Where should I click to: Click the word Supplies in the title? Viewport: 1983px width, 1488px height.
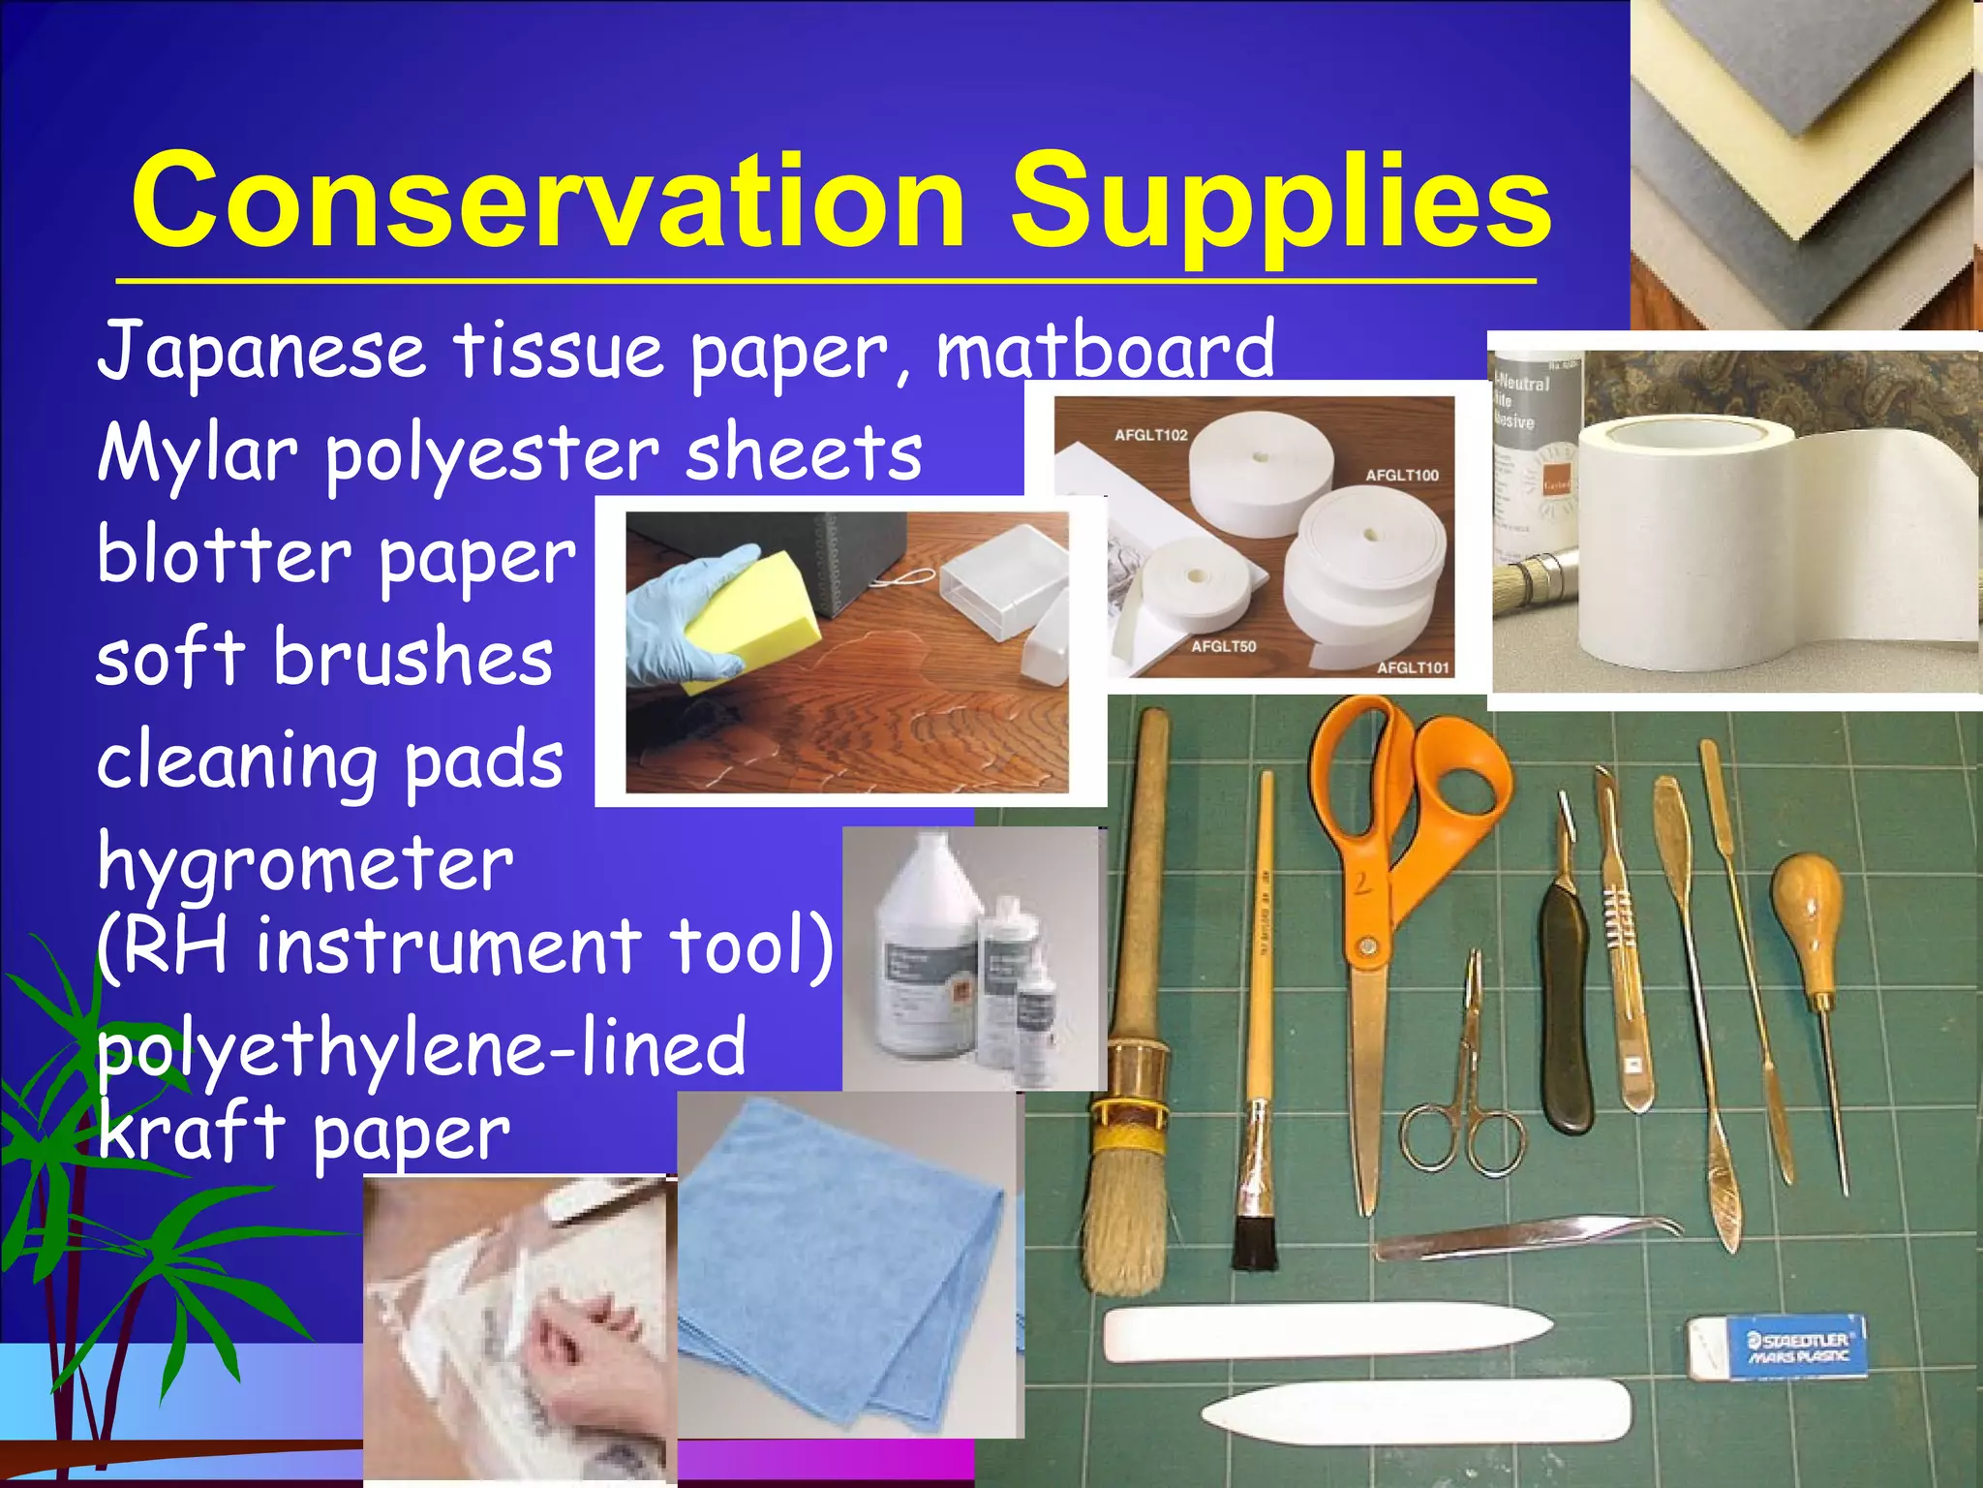coord(1280,203)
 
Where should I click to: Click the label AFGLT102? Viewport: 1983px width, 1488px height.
coord(1150,435)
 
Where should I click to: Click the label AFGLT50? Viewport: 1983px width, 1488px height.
coord(1223,646)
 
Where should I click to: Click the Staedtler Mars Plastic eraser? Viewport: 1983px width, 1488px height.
coord(1777,1347)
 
